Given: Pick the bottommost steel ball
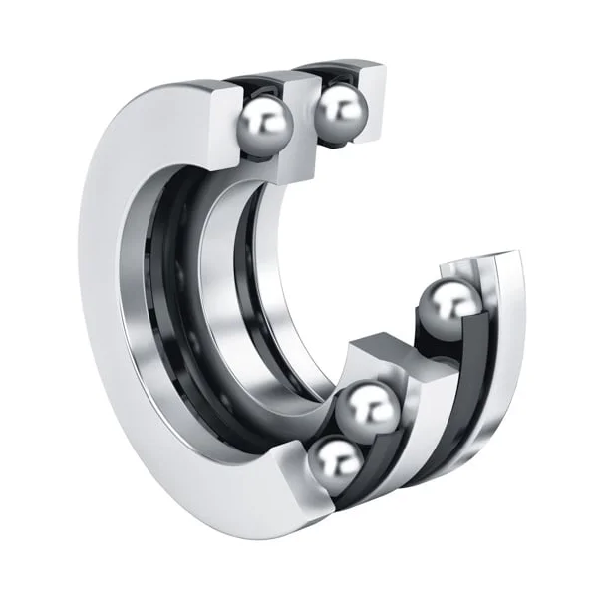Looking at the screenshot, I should point(335,463).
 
